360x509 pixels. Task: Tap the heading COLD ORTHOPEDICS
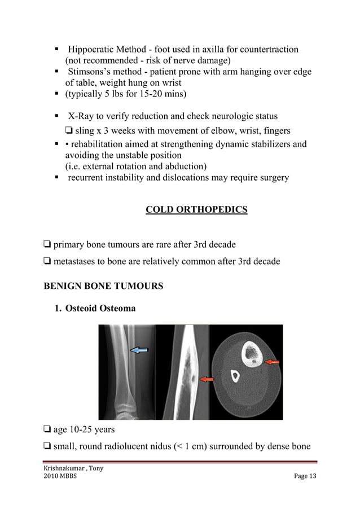[x=196, y=210]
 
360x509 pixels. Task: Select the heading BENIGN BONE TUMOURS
[x=103, y=286]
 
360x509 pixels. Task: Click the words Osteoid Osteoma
[x=100, y=309]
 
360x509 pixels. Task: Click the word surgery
[x=271, y=178]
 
